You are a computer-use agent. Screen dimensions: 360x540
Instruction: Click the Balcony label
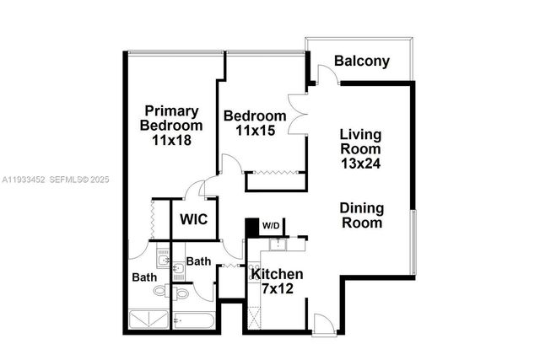click(x=361, y=61)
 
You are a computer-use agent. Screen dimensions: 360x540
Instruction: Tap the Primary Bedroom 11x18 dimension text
click(x=171, y=141)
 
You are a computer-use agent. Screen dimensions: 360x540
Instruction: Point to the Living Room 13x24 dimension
click(x=360, y=164)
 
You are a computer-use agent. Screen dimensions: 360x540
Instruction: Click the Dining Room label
click(x=361, y=216)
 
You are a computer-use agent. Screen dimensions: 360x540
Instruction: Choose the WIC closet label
click(x=194, y=221)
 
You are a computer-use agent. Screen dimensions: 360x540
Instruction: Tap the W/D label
click(x=272, y=225)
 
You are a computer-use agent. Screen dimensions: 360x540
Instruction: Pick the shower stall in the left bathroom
click(x=148, y=320)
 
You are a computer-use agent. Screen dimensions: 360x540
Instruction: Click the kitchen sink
click(x=276, y=244)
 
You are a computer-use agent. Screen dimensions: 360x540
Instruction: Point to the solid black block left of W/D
click(x=251, y=228)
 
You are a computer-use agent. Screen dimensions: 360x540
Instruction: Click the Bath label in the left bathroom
click(x=143, y=277)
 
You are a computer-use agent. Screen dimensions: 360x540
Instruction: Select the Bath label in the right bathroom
click(x=198, y=262)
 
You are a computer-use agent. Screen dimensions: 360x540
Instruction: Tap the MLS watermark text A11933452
click(x=23, y=180)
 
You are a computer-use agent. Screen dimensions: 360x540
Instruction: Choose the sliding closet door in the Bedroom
click(x=273, y=173)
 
